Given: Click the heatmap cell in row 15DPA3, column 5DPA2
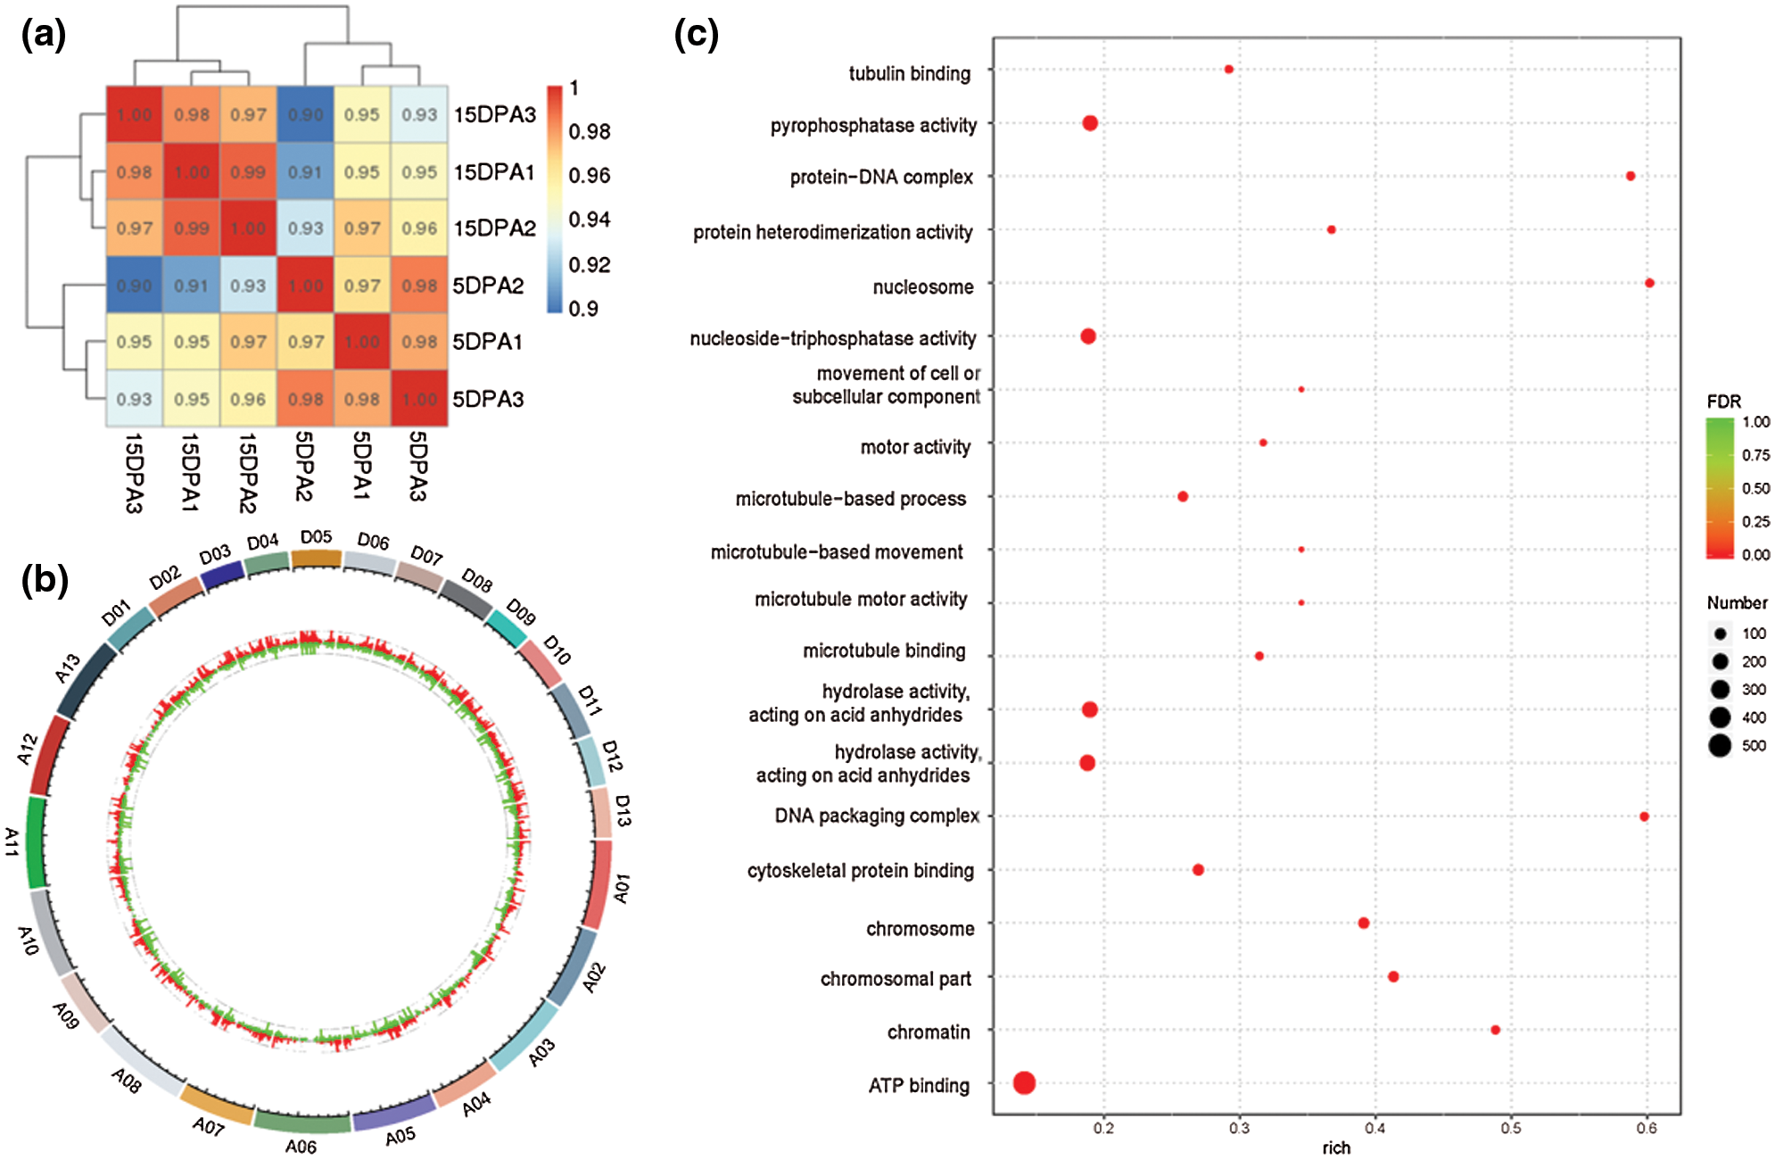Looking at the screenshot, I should tap(305, 114).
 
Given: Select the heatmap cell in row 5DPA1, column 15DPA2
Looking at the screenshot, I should tap(248, 342).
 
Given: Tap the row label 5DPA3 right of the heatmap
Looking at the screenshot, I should tap(488, 399).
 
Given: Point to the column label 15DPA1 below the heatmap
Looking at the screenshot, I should tap(190, 472).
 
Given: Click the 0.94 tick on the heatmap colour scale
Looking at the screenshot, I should tap(590, 220).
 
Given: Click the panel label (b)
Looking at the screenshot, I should tap(45, 580).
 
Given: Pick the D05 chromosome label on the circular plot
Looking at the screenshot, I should tap(316, 537).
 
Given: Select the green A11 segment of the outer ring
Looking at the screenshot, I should tap(37, 842).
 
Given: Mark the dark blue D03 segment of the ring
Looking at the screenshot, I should tap(222, 576).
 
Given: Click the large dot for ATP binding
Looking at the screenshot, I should tap(1024, 1083).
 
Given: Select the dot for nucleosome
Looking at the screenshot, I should tap(1649, 283).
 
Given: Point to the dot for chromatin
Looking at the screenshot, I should tap(1495, 1030).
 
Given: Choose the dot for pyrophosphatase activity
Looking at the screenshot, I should tap(1089, 123).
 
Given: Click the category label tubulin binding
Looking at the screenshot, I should tap(909, 73).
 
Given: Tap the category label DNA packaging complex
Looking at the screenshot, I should tap(877, 816).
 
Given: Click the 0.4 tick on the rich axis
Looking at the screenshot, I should tap(1375, 1128).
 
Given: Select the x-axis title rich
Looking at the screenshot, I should tap(1335, 1148).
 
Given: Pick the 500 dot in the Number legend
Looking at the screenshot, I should tap(1720, 745).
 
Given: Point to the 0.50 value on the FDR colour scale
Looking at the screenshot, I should tap(1755, 488).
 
